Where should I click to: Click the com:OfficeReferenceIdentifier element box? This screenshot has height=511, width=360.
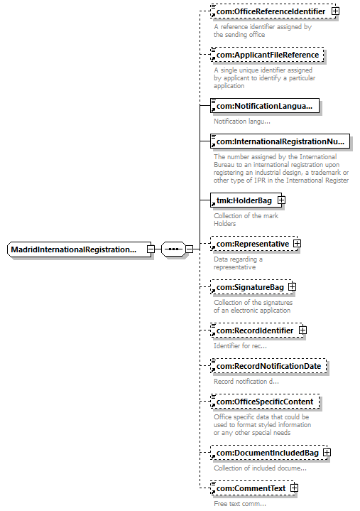click(273, 11)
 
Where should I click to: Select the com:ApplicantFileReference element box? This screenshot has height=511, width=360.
click(267, 55)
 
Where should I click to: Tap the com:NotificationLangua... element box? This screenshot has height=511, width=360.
click(265, 106)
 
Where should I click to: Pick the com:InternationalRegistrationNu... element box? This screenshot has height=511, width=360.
click(280, 141)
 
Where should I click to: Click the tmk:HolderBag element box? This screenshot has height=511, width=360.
click(246, 200)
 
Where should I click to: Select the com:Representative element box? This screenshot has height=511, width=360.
click(253, 244)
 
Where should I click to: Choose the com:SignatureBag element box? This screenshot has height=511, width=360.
click(251, 287)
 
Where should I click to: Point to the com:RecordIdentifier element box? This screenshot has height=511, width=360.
click(256, 330)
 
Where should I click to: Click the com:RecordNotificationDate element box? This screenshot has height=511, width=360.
click(268, 366)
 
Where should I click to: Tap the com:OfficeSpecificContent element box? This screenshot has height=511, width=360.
click(265, 402)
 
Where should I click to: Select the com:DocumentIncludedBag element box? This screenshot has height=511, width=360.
click(269, 453)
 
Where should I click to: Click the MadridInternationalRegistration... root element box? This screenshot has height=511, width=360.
click(79, 249)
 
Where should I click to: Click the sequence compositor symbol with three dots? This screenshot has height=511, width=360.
click(173, 249)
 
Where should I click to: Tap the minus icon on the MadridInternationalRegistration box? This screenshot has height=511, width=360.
click(151, 249)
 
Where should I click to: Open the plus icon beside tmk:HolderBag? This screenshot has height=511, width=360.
click(282, 200)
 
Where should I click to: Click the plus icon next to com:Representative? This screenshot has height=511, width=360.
click(298, 244)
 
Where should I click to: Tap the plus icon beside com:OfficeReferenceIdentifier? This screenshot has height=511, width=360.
click(335, 11)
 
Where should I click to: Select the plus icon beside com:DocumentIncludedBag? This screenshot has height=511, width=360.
click(327, 452)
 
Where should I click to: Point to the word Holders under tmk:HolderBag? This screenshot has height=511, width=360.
click(224, 224)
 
